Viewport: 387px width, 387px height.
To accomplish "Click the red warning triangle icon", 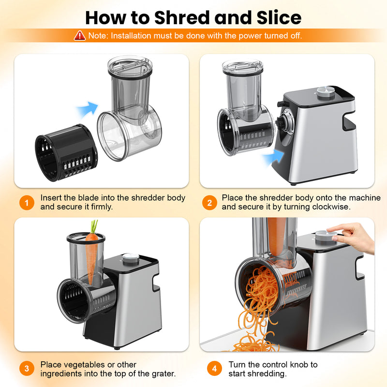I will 79,35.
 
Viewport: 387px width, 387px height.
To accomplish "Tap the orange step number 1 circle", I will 27,203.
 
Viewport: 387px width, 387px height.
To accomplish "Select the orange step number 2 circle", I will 209,203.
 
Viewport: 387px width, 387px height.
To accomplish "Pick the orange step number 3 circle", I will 27,369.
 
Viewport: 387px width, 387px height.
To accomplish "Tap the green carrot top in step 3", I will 93,227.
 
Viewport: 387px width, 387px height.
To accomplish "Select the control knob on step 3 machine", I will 130,258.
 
